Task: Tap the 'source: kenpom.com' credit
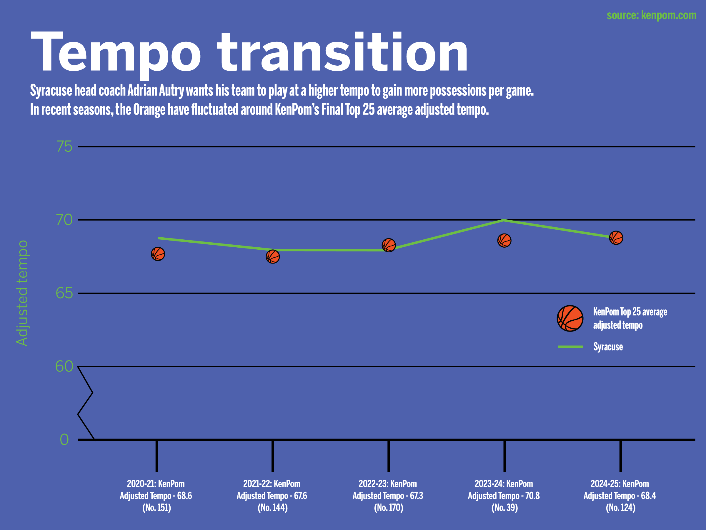pos(651,15)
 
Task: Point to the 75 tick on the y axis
pos(64,147)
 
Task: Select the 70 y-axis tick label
pos(64,220)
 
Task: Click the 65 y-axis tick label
pos(64,293)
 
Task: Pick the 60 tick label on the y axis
pos(64,366)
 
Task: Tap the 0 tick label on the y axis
pos(64,440)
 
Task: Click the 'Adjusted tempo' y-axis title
pos(22,293)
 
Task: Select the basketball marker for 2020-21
pos(158,254)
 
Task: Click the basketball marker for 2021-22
pos(273,256)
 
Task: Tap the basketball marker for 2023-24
pos(504,241)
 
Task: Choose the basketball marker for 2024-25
pos(616,238)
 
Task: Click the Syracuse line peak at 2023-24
pos(503,220)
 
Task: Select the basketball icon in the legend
pos(570,319)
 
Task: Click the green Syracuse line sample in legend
pos(570,347)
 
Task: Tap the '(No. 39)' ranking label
pos(504,508)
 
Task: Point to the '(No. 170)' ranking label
pos(388,508)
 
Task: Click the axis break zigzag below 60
pos(86,403)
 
